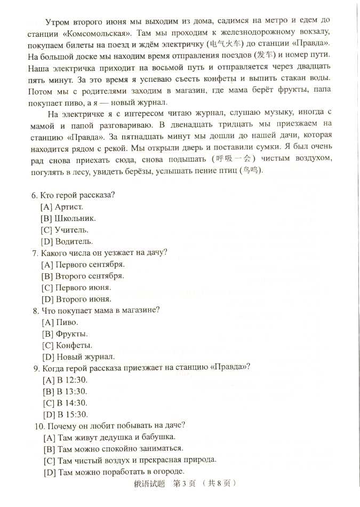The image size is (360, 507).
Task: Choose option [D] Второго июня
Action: [x=76, y=299]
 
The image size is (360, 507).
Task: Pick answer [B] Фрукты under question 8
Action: [x=64, y=334]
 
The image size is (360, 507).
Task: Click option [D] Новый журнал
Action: [x=77, y=357]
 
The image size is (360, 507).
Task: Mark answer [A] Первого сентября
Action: [x=83, y=264]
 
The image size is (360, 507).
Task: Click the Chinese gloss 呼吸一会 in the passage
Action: [x=237, y=159]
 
